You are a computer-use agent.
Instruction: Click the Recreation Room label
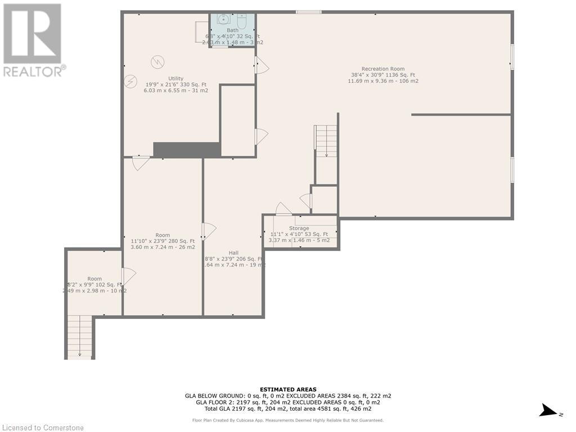tap(382, 69)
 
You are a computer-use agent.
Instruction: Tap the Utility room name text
tap(175, 78)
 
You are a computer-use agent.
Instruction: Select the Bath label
tap(232, 30)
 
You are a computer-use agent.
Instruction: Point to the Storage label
tap(299, 228)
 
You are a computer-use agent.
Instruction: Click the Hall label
tap(233, 253)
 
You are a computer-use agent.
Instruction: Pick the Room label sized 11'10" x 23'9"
tap(163, 235)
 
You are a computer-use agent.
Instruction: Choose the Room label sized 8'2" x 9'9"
tap(94, 278)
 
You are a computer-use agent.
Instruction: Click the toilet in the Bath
tap(242, 21)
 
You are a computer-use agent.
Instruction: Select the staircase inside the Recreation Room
tap(326, 141)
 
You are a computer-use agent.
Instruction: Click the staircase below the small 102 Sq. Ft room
tap(80, 336)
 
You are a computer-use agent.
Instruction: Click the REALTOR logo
tap(33, 40)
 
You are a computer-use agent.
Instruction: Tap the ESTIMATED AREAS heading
tap(288, 389)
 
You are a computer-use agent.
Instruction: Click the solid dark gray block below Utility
tap(187, 150)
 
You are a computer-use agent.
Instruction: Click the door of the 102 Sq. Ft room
tap(128, 276)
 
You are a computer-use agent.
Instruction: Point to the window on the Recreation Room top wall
tap(308, 12)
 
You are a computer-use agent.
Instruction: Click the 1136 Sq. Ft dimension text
tap(382, 75)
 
